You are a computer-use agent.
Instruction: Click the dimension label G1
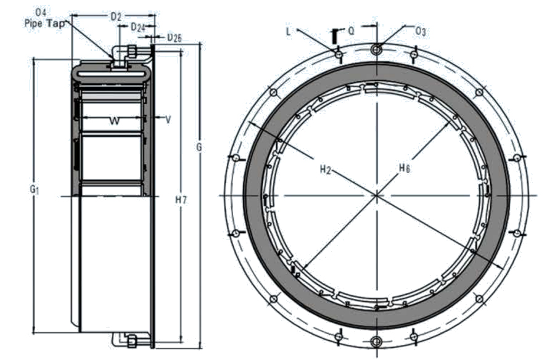pyautogui.click(x=34, y=191)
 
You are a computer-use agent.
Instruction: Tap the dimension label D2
pyautogui.click(x=115, y=17)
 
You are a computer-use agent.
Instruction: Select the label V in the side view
pyautogui.click(x=168, y=118)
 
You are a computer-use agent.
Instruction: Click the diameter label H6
pyautogui.click(x=404, y=167)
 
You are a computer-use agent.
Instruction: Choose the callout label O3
pyautogui.click(x=421, y=30)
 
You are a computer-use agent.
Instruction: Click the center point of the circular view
pyautogui.click(x=376, y=195)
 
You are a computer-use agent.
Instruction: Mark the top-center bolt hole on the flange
pyautogui.click(x=376, y=49)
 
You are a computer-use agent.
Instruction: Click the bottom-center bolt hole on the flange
pyautogui.click(x=376, y=342)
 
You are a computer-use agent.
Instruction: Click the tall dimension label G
pyautogui.click(x=199, y=148)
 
